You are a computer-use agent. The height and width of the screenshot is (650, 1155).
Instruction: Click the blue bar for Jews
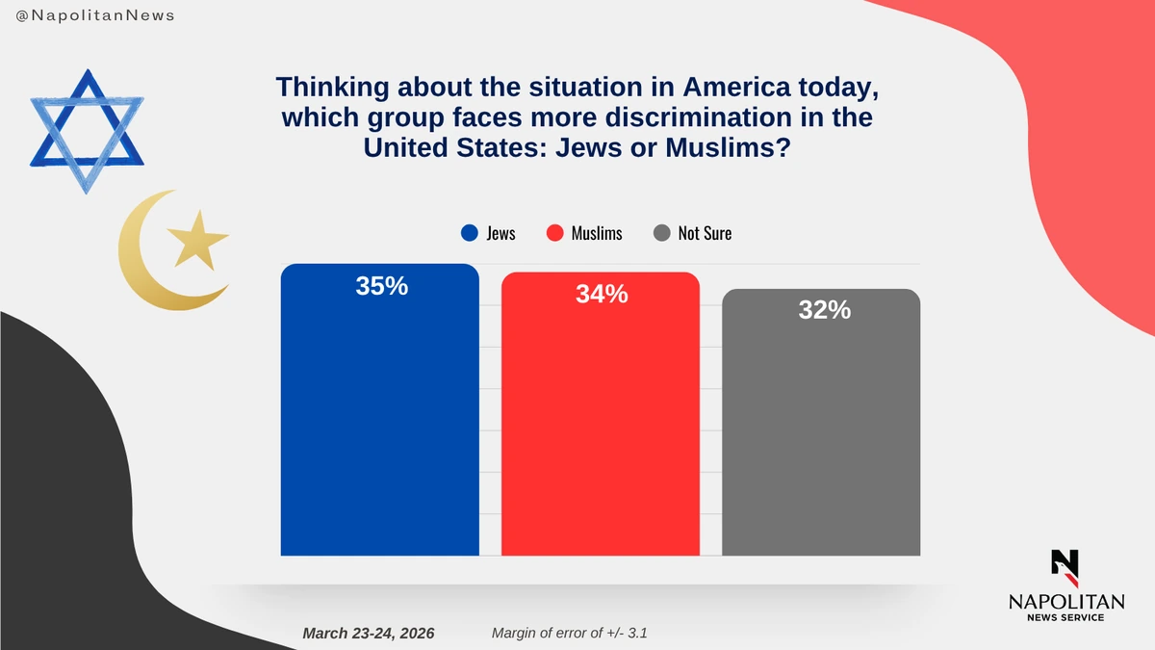[x=379, y=424]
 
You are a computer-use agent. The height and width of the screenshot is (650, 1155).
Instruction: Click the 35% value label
[x=381, y=286]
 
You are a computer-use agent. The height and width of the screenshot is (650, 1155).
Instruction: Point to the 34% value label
[x=602, y=295]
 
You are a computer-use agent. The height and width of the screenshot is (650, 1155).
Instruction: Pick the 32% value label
[x=824, y=310]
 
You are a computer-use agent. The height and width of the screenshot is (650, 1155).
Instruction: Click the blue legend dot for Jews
[x=470, y=233]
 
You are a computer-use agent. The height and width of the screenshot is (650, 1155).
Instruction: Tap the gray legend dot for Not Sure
[x=661, y=233]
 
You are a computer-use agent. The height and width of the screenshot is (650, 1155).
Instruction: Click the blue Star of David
[x=87, y=130]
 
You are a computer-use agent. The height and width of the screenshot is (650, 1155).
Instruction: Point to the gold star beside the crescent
[x=198, y=239]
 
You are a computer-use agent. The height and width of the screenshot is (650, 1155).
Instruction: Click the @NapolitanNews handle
[x=95, y=16]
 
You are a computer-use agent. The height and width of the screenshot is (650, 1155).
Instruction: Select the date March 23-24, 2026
[x=369, y=633]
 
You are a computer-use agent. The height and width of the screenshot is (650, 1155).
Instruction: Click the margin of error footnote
[x=576, y=633]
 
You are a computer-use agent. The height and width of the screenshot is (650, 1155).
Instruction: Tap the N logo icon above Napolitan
[x=1065, y=567]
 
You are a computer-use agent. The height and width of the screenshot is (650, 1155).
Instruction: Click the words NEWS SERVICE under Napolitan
[x=1065, y=617]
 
